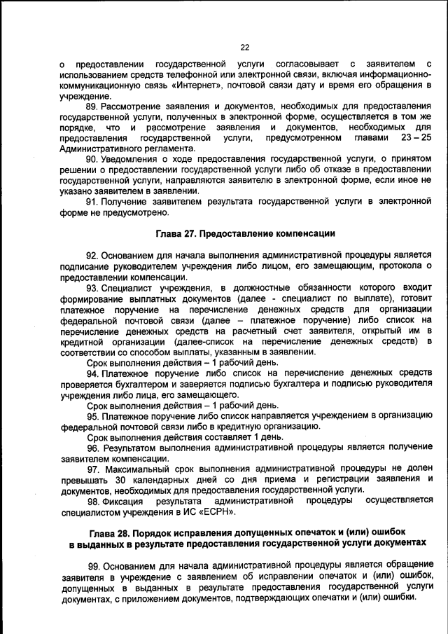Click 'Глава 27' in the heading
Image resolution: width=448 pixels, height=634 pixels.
(x=175, y=233)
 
